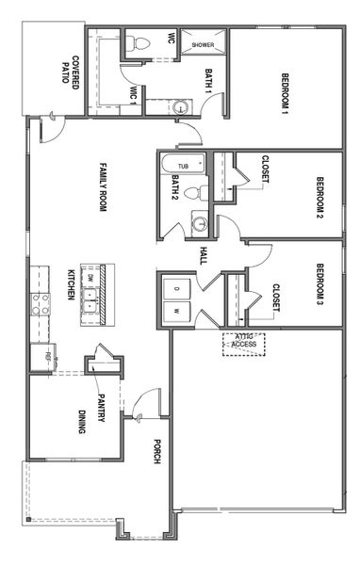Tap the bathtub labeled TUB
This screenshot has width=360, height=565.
pyautogui.click(x=183, y=166)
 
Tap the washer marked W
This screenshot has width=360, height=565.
pyautogui.click(x=176, y=309)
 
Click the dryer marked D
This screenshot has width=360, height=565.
pyautogui.click(x=176, y=286)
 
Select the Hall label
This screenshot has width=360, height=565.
pyautogui.click(x=204, y=255)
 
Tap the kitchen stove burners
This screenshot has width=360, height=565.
pyautogui.click(x=41, y=303)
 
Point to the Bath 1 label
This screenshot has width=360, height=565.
pyautogui.click(x=210, y=82)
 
